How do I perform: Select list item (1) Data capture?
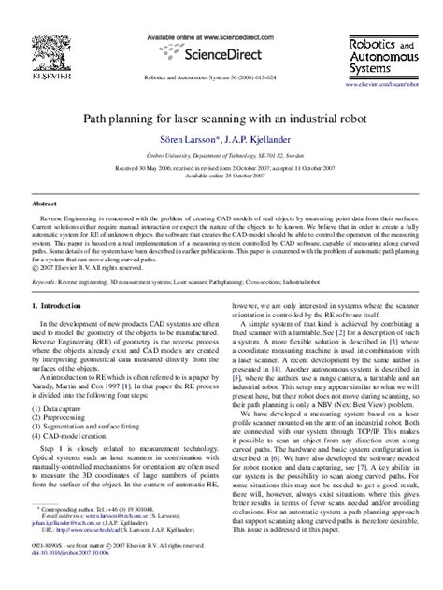tap(64, 383)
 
